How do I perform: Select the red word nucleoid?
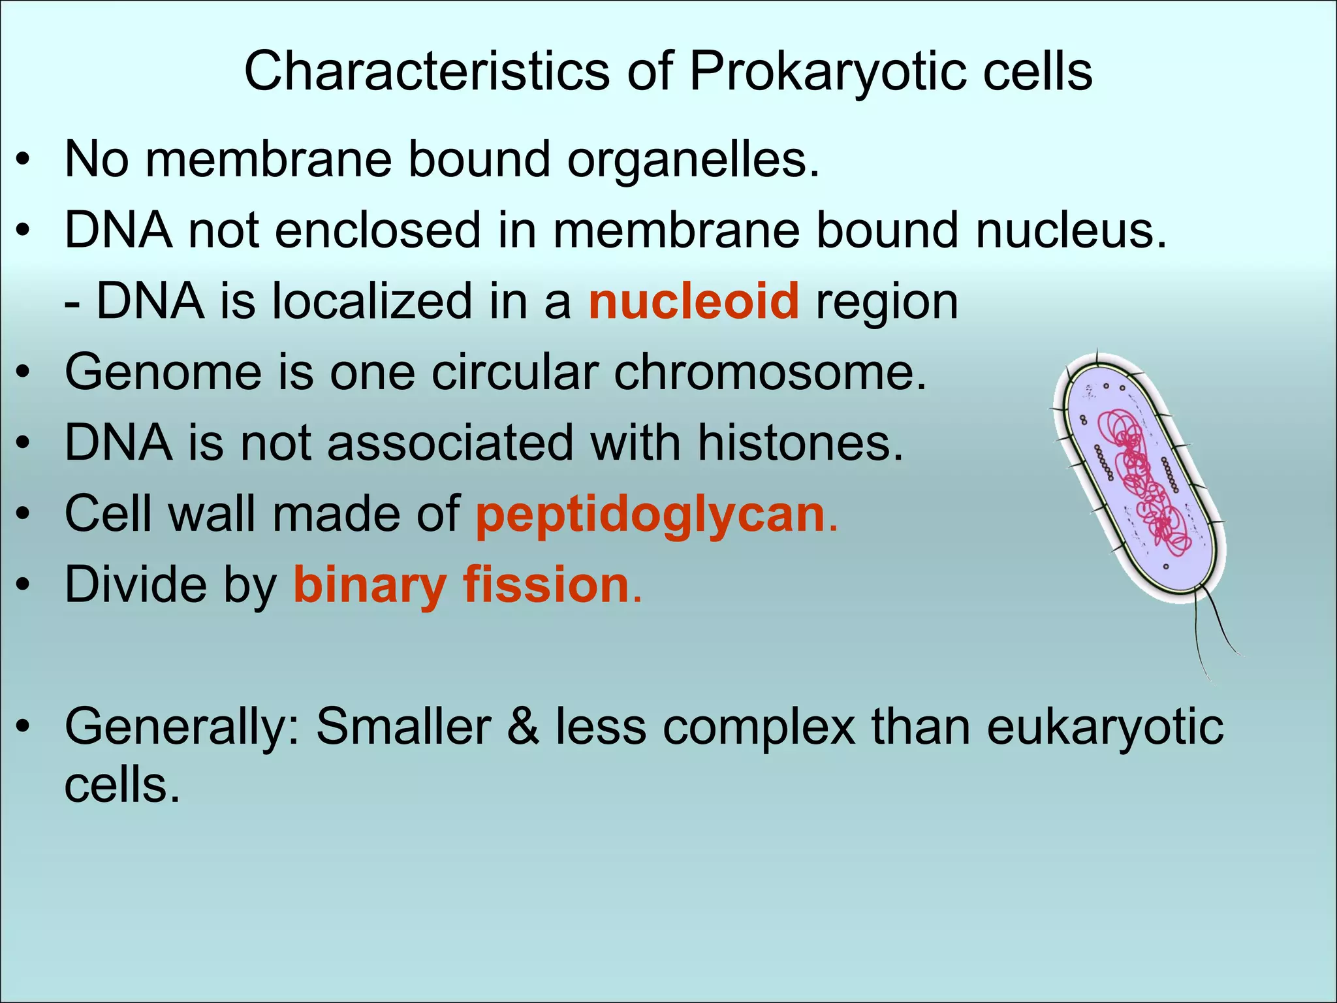coord(693,301)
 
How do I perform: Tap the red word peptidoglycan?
coord(651,515)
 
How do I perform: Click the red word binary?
coord(370,585)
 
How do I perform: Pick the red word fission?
coord(546,585)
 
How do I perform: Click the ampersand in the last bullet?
coord(523,727)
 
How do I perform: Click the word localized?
coord(371,301)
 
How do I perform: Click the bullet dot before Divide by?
coord(24,586)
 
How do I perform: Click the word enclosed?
coord(377,231)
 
